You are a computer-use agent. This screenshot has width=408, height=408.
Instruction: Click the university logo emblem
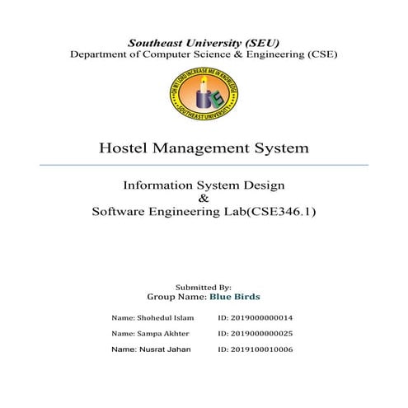(x=204, y=97)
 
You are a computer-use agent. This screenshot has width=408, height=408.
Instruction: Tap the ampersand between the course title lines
(x=204, y=199)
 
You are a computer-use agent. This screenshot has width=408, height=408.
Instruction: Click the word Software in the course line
(x=121, y=212)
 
